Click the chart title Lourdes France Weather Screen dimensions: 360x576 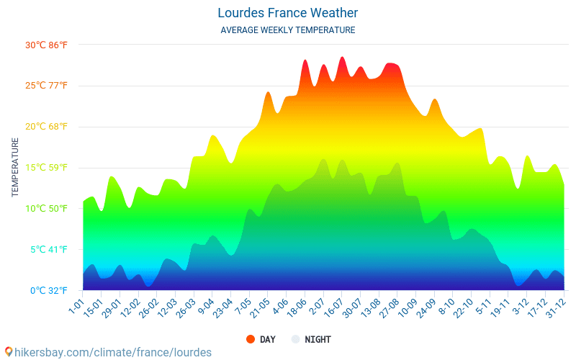(x=287, y=13)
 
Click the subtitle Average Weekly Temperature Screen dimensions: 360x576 (x=287, y=30)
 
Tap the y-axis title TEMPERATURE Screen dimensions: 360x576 (x=15, y=168)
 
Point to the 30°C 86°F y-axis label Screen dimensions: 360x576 (x=46, y=45)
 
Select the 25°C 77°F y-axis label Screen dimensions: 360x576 (x=46, y=86)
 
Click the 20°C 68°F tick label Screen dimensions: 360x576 (x=46, y=127)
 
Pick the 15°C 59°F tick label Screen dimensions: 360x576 (x=46, y=168)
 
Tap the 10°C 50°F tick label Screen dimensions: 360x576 (x=46, y=209)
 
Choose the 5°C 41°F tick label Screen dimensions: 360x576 (x=48, y=250)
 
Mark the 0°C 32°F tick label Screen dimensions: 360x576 (x=48, y=291)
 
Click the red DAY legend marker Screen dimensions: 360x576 (x=251, y=339)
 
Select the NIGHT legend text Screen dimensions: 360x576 (x=318, y=339)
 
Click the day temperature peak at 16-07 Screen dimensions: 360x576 (x=342, y=58)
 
